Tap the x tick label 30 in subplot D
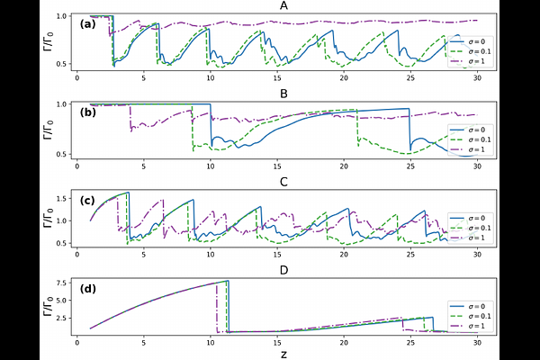pos(476,342)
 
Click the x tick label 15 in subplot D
pos(277,342)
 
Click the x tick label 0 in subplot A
pos(78,77)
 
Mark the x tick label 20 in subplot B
pos(344,166)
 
